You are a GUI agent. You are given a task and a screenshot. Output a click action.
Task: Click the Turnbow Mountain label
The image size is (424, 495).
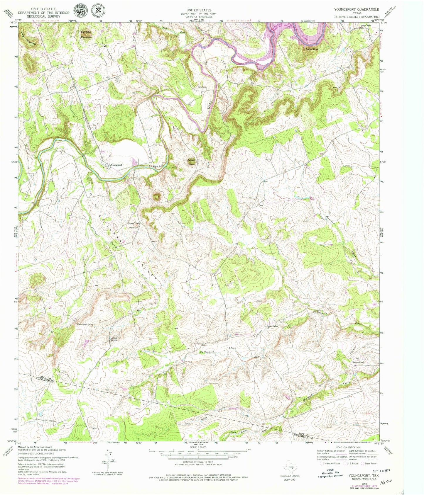pyautogui.click(x=86, y=34)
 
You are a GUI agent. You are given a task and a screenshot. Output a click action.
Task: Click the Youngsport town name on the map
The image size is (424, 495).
pyautogui.click(x=116, y=165)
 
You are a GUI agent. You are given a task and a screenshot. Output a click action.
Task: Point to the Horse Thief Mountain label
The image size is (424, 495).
pyautogui.click(x=134, y=225)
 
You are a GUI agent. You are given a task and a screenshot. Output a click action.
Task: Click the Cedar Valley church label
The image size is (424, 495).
pyautogui.click(x=272, y=326)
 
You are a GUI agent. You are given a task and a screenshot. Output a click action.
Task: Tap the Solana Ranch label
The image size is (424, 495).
pyautogui.click(x=358, y=362)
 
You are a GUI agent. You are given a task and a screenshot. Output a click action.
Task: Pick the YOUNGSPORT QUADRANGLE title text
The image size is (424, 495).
pyautogui.click(x=357, y=9)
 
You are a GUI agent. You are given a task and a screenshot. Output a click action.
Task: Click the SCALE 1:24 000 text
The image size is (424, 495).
pyautogui.click(x=198, y=447)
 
